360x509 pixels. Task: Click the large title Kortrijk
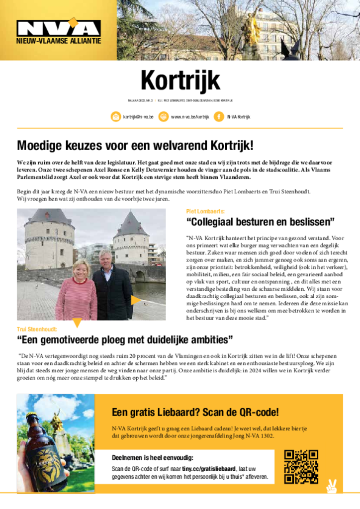click(x=180, y=81)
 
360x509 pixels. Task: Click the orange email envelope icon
click(x=116, y=117)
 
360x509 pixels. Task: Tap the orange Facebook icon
click(x=218, y=117)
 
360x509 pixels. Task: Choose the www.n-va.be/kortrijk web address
click(x=189, y=117)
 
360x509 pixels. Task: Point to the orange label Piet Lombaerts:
click(x=205, y=211)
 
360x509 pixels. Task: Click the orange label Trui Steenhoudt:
click(x=37, y=329)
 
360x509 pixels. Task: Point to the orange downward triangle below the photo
click(x=77, y=323)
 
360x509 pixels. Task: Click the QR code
click(x=301, y=467)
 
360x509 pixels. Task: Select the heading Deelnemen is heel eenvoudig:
click(x=152, y=458)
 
